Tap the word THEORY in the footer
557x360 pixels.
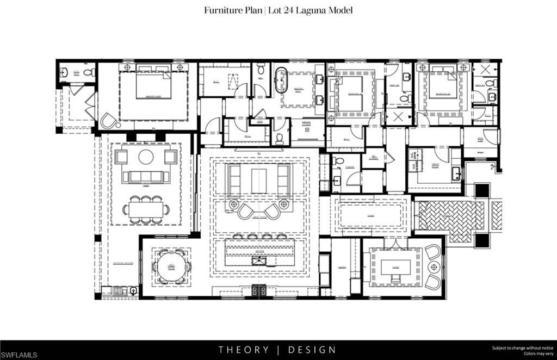pyautogui.click(x=244, y=350)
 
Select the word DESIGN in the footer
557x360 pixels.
pyautogui.click(x=312, y=350)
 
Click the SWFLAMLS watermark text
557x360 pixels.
pyautogui.click(x=20, y=355)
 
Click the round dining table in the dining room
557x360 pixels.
pyautogui.click(x=171, y=266)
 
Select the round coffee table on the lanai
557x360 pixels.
pyautogui.click(x=146, y=157)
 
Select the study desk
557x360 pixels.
pyautogui.click(x=395, y=267)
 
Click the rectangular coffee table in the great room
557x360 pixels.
pyautogui.click(x=258, y=180)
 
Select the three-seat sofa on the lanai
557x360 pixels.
pyautogui.click(x=146, y=177)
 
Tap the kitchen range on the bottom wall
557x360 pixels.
pyautogui.click(x=259, y=290)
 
